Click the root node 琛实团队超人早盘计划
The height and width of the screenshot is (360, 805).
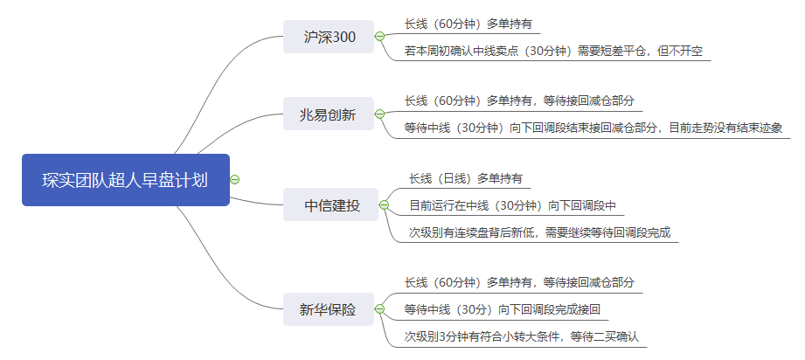pyautogui.click(x=125, y=180)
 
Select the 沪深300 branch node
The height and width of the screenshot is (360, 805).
pyautogui.click(x=328, y=37)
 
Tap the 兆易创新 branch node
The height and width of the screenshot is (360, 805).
pyautogui.click(x=328, y=114)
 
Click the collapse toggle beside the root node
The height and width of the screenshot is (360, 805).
pyautogui.click(x=234, y=180)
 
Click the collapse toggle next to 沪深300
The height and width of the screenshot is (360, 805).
pyautogui.click(x=379, y=37)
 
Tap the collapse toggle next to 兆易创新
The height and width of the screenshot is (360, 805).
pyautogui.click(x=379, y=114)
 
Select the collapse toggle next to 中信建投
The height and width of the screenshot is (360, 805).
pyautogui.click(x=384, y=205)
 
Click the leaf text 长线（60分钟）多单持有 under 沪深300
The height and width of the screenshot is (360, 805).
pyautogui.click(x=468, y=24)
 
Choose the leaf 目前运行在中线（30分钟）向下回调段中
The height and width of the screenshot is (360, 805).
pyautogui.click(x=513, y=205)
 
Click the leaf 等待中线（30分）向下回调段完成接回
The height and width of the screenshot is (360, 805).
pyautogui.click(x=502, y=309)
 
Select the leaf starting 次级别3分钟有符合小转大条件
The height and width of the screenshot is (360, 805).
pyautogui.click(x=522, y=336)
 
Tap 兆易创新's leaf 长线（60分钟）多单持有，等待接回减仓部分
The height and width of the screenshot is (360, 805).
pyautogui.click(x=519, y=100)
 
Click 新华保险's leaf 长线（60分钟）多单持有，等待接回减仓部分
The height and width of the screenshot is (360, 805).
pyautogui.click(x=519, y=282)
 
